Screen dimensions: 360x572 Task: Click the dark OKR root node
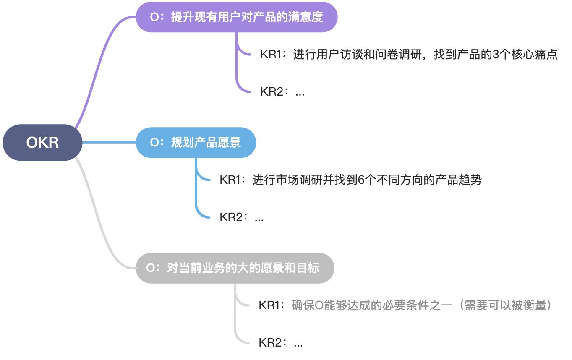[42, 143]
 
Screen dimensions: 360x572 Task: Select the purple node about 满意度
[236, 17]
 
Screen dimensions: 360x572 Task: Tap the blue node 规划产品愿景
[196, 143]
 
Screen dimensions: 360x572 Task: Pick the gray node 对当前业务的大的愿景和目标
[235, 268]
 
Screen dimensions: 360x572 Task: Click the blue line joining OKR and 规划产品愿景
[109, 143]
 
